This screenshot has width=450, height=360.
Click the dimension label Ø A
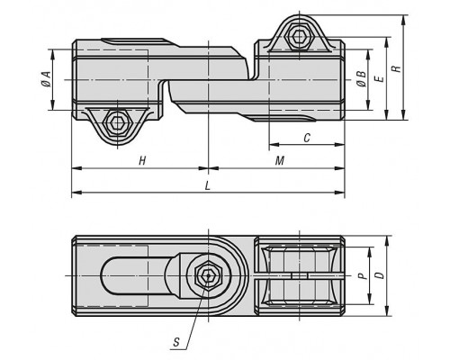point(46,79)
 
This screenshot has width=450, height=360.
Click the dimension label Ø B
point(362,79)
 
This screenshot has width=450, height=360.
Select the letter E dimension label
point(380,79)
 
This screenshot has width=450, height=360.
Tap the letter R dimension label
point(397,68)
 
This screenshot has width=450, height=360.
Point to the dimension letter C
point(307,138)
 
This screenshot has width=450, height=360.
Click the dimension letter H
point(142,161)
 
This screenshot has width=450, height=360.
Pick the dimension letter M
point(280,161)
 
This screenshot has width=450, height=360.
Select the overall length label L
point(207,186)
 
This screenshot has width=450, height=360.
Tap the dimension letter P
point(363,275)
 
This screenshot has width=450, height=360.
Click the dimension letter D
point(380,275)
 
